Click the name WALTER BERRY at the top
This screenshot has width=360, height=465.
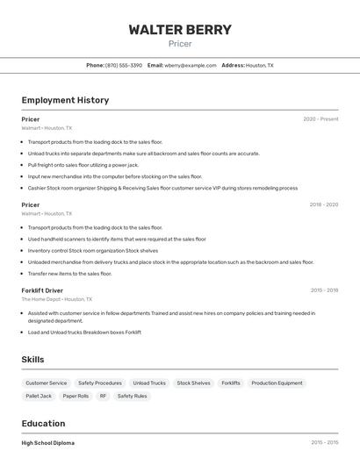[x=180, y=30]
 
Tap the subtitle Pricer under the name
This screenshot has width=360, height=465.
[x=180, y=44]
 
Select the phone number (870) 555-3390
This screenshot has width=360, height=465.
[x=123, y=66]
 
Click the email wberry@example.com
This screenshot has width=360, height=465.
[x=191, y=66]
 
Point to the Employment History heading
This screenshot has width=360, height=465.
[x=65, y=100]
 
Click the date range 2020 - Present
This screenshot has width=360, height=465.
[x=320, y=119]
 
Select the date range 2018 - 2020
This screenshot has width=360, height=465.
[x=323, y=205]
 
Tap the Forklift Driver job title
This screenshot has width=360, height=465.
[x=42, y=290]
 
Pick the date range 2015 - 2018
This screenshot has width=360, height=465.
[x=324, y=290]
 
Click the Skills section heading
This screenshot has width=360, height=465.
[x=32, y=360]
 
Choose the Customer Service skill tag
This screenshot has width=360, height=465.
[x=47, y=383]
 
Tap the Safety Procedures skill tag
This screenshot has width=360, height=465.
[x=100, y=383]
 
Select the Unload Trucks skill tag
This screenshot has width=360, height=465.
[x=149, y=383]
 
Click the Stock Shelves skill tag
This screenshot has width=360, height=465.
[x=193, y=383]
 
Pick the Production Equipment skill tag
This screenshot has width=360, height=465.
[x=277, y=383]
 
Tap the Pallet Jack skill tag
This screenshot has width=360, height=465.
[x=39, y=397]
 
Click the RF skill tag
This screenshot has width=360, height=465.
[x=103, y=397]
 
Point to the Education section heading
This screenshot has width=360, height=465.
[x=43, y=423]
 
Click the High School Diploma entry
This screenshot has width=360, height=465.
[x=48, y=443]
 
